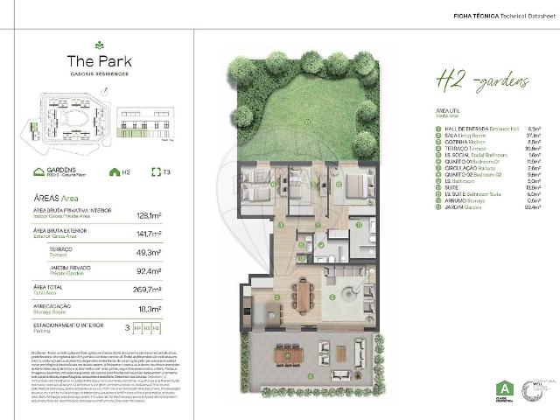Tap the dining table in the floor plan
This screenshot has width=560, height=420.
coord(303,294)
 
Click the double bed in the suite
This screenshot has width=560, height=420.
coord(346,185)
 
